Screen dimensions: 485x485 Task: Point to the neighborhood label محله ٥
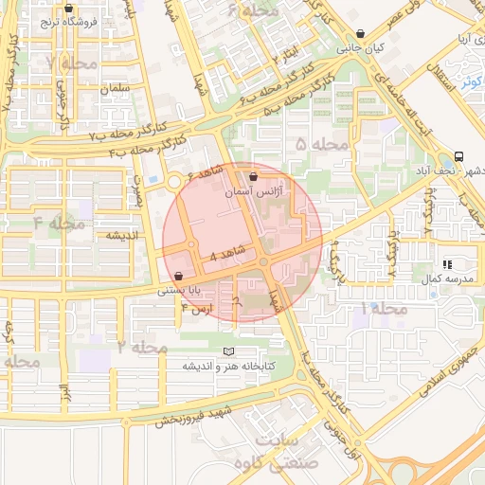tap(322, 145)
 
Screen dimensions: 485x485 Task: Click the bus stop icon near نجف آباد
tap(459, 156)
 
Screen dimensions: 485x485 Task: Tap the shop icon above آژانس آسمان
tap(252, 177)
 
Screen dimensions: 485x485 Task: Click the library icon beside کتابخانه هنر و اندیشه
tap(227, 352)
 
